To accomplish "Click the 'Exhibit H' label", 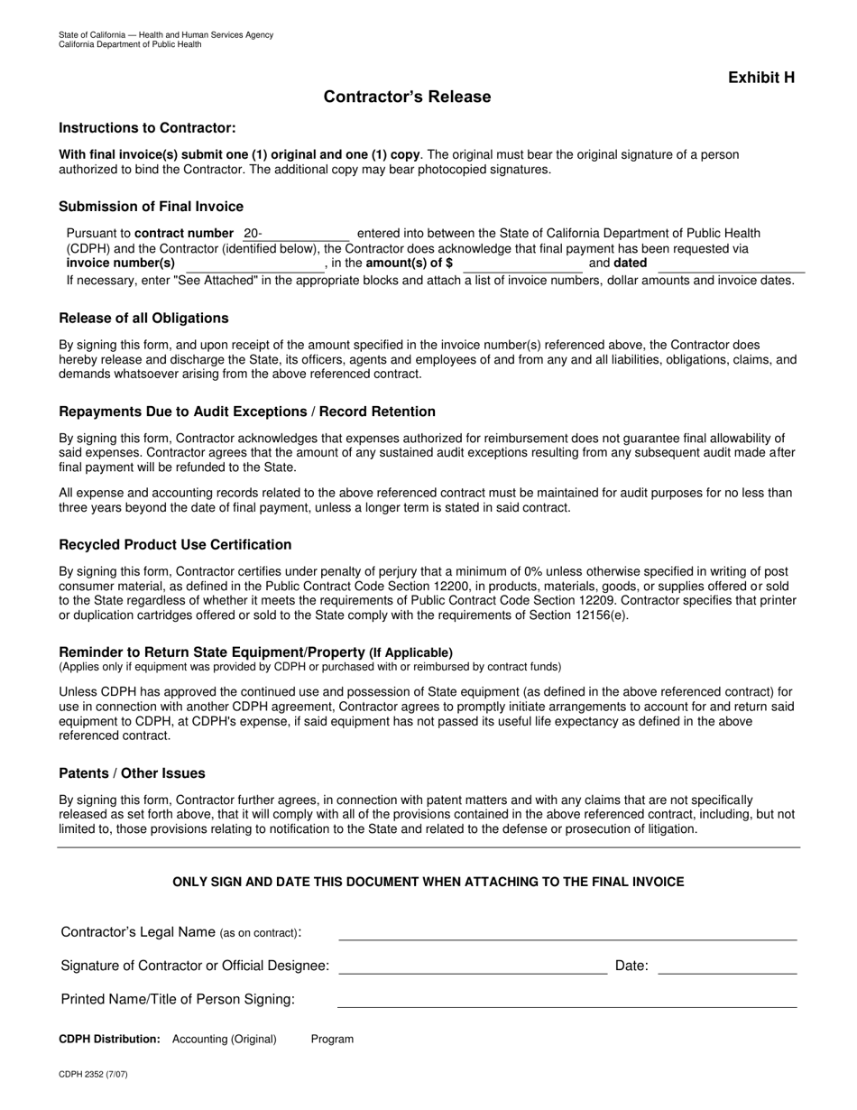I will [761, 78].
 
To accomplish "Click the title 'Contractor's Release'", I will [407, 97].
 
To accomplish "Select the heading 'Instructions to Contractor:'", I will [147, 128].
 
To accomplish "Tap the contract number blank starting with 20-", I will [296, 234].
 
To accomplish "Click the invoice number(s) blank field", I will [253, 264].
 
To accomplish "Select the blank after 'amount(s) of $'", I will [522, 264].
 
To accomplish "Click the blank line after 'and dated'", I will [731, 264].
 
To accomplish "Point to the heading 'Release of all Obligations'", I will [143, 319].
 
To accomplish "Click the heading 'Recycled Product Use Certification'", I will [175, 545].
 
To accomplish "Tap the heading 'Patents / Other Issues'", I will [132, 773].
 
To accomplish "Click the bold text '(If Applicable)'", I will [410, 652].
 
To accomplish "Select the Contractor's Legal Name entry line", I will [567, 933].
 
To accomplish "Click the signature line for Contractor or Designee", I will [473, 967].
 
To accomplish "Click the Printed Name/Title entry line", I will [567, 1001].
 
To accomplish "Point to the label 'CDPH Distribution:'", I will [109, 1040].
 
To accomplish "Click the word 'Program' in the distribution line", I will [332, 1040].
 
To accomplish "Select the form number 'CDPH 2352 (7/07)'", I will [93, 1075].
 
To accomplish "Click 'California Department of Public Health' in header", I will [130, 44].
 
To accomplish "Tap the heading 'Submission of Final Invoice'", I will [151, 207].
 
